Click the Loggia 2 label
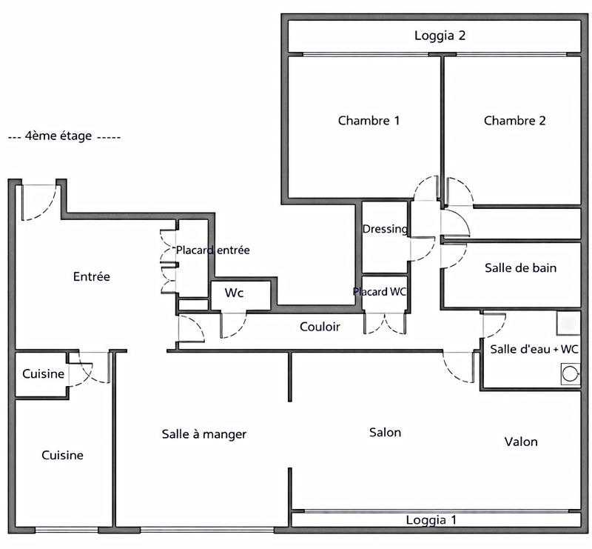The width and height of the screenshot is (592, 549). coord(440,35)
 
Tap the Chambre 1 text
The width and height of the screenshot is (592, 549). coord(369,120)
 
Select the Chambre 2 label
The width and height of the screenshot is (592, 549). coord(514,120)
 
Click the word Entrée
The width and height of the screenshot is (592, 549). coord(92,276)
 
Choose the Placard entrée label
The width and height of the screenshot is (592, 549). coord(212,250)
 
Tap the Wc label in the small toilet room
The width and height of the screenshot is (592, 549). coord(235,293)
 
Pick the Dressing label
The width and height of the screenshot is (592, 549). coord(385,229)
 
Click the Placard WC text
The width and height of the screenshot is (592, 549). coord(380,292)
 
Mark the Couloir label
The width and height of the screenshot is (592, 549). coord(320,326)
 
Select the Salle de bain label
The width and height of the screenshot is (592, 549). coord(520,267)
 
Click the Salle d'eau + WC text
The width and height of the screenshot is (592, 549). coord(534,349)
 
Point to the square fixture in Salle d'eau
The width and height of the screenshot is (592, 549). coord(568,322)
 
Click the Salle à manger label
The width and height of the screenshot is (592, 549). coord(203,434)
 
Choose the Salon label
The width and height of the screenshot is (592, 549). coord(385,432)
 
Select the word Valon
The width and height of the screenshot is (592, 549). coord(521,442)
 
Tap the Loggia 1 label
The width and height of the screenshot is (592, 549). coord(431,520)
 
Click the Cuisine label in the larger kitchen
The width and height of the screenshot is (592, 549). coord(62,455)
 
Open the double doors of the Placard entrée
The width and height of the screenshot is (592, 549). coord(165,262)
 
